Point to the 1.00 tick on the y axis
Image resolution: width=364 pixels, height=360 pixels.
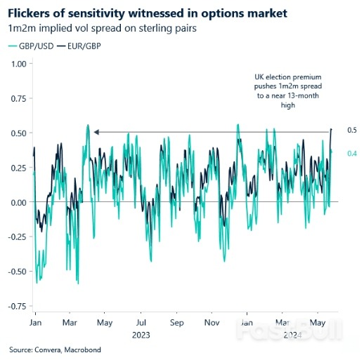[17, 64]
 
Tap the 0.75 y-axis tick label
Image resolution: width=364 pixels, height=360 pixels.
[17, 98]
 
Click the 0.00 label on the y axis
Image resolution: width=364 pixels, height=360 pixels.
[17, 202]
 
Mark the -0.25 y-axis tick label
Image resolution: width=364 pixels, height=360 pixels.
[15, 236]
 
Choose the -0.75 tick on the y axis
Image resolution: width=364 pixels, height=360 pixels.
[15, 306]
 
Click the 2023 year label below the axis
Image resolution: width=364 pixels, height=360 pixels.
[141, 335]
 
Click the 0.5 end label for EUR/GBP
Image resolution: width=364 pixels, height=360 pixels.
[352, 130]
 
